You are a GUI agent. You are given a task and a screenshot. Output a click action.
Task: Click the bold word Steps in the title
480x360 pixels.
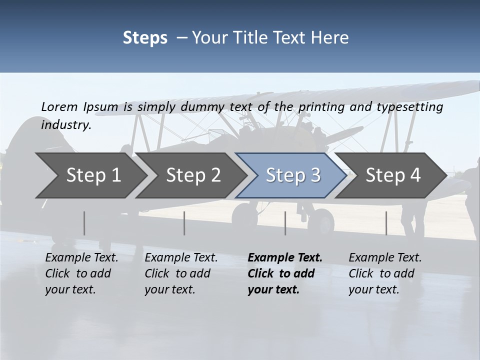pos(145,38)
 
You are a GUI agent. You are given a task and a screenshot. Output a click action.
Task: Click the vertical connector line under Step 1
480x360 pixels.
pos(84,223)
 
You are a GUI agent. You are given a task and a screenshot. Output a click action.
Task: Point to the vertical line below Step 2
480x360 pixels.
pos(184,223)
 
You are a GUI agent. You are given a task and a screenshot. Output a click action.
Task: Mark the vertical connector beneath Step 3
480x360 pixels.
pos(285,223)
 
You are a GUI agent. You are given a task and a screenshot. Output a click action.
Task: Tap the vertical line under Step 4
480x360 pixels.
pos(386,223)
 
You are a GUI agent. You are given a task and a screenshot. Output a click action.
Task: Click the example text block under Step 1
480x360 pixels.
pos(81,273)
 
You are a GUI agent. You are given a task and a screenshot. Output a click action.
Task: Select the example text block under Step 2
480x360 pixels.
pos(181,273)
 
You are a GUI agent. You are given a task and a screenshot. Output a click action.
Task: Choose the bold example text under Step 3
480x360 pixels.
pos(284,273)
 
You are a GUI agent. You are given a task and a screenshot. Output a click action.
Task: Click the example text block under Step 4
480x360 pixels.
pos(385,273)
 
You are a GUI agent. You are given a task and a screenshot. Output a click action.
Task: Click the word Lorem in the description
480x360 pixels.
pos(59,106)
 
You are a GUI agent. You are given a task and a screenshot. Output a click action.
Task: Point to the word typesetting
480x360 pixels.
pos(413,107)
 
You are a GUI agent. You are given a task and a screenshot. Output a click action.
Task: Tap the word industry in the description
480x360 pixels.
pos(65,125)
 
